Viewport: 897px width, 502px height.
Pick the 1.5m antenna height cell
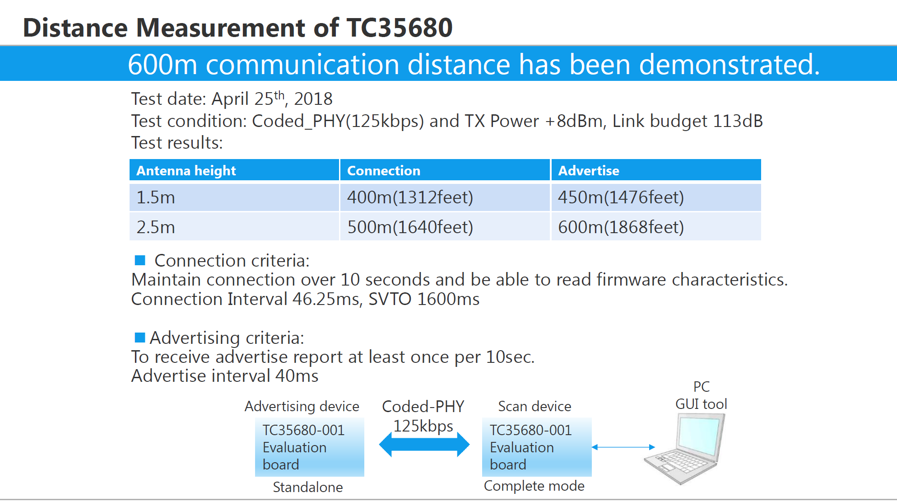pos(234,197)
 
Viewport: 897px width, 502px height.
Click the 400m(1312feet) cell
pos(445,197)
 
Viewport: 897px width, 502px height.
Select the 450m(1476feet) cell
pos(656,197)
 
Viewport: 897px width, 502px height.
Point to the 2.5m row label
pos(155,227)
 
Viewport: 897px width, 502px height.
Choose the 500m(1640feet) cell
pos(445,227)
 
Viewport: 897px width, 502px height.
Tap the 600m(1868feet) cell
pos(656,227)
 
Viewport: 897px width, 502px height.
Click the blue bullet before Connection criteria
pos(140,260)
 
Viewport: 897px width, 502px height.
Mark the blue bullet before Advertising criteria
pos(140,338)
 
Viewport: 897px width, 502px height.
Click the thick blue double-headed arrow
pos(424,444)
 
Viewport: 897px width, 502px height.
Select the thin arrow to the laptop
pos(623,447)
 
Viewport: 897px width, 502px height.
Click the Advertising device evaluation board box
pos(310,447)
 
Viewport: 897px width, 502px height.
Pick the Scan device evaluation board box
pos(537,447)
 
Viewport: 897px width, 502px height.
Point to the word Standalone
pos(308,487)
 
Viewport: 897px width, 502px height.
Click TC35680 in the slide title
pos(400,28)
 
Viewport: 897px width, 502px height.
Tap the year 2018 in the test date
pos(313,99)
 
